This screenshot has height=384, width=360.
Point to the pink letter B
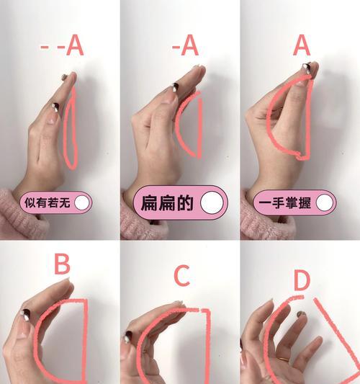point(63,265)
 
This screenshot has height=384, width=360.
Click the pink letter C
point(182,276)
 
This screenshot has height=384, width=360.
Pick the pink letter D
point(301,280)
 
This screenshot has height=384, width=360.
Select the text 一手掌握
point(283,203)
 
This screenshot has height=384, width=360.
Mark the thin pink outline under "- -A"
point(71,133)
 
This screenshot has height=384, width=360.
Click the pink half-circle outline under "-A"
point(191,126)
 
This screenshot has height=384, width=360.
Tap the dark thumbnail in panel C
point(130,336)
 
